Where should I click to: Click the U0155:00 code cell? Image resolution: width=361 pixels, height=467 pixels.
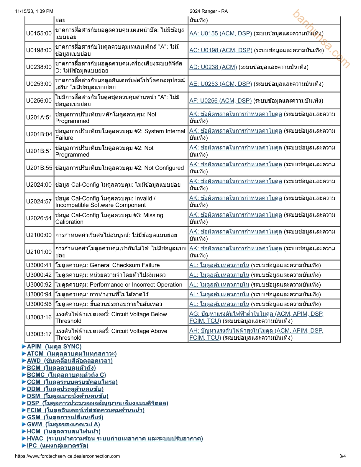(x=39, y=33)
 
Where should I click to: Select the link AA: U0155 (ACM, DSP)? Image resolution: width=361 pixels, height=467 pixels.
(x=220, y=34)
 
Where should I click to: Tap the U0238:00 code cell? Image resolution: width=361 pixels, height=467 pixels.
(x=39, y=67)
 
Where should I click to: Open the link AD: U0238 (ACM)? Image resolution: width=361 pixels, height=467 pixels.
(x=213, y=67)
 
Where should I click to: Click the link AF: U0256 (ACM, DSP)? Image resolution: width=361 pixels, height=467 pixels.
(x=220, y=101)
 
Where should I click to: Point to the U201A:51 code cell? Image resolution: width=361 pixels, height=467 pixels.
(x=39, y=117)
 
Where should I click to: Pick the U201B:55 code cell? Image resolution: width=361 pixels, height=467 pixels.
(x=39, y=168)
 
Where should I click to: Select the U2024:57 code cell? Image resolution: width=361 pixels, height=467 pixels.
(x=39, y=201)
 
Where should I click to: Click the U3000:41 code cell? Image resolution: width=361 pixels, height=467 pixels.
(x=39, y=265)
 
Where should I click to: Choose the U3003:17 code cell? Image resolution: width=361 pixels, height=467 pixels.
(x=39, y=334)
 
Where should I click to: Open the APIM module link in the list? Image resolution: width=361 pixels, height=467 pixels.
(x=54, y=347)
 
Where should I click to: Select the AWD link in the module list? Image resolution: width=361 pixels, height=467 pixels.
(x=70, y=361)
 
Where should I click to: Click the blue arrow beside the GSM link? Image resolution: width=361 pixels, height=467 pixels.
(x=24, y=417)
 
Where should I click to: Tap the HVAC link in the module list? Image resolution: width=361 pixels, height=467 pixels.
(x=115, y=439)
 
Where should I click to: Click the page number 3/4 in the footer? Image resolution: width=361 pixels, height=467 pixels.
(x=342, y=456)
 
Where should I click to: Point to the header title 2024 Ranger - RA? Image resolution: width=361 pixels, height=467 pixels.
(x=209, y=11)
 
